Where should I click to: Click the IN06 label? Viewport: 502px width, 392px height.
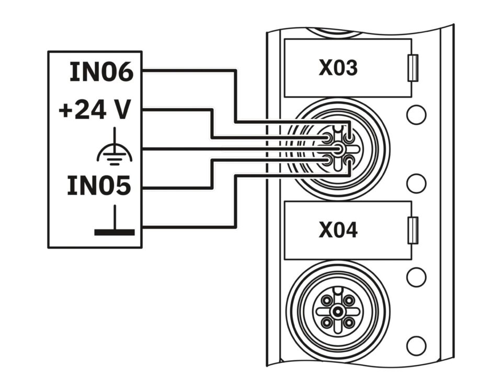point(101,72)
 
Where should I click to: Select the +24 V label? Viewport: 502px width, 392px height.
point(95,110)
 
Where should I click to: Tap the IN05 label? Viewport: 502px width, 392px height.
point(99,186)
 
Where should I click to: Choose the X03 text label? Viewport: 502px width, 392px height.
point(338,68)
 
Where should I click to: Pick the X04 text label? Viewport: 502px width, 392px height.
point(338,230)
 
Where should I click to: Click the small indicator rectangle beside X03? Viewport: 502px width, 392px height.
point(413,68)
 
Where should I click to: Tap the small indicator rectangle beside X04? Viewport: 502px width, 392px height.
point(413,230)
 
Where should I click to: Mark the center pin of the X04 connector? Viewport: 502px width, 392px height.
point(338,312)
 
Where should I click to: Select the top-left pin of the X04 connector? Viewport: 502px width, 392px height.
point(327,301)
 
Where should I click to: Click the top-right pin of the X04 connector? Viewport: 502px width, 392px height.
point(349,301)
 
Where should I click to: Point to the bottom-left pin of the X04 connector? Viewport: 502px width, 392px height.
point(327,322)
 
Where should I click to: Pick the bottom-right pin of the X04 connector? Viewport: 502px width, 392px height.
point(349,322)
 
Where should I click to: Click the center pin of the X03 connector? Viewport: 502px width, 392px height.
point(338,149)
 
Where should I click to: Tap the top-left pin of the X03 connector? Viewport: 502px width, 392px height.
point(327,139)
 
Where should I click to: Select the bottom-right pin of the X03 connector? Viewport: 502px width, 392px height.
point(349,160)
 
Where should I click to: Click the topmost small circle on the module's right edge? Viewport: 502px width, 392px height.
point(416,114)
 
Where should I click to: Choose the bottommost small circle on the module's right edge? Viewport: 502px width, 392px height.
point(416,345)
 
